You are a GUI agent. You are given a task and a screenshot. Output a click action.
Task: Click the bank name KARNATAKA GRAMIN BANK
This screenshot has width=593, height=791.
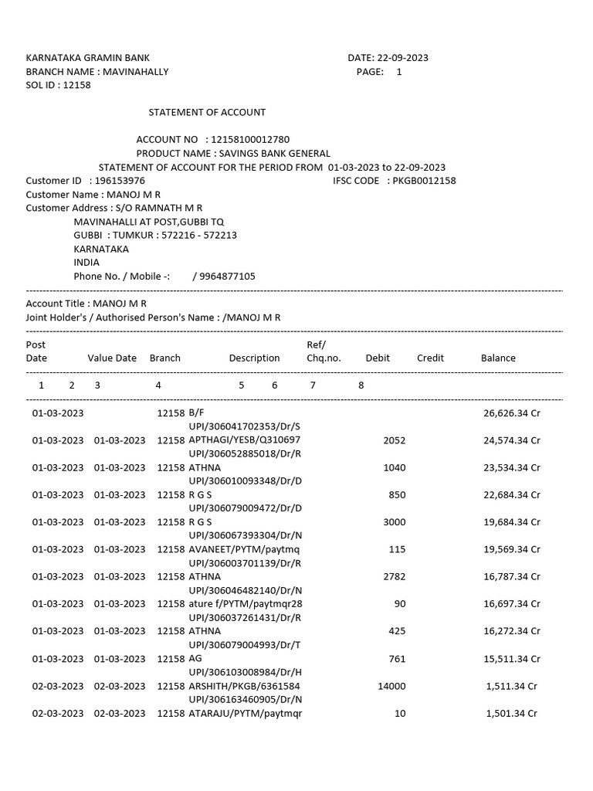click(88, 58)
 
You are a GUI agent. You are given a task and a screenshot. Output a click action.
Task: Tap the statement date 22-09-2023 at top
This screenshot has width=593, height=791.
click(402, 58)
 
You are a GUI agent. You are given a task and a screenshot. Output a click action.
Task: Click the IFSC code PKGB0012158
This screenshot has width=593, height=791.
click(424, 181)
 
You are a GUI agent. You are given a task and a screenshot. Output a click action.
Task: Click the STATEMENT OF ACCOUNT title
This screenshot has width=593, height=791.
click(207, 113)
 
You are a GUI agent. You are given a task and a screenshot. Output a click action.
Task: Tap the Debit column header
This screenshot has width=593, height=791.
click(378, 358)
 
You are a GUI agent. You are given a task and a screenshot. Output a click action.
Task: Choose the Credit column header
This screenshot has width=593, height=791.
click(430, 358)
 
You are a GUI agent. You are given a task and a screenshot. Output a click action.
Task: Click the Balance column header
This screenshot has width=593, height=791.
click(498, 358)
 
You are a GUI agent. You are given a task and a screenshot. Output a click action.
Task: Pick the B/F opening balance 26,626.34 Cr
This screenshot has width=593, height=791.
click(511, 413)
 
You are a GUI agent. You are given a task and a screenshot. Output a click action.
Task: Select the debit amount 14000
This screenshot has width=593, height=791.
click(391, 686)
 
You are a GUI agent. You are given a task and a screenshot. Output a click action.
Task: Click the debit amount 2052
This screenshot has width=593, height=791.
click(394, 440)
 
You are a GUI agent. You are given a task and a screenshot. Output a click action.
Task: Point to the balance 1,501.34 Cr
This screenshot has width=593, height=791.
click(511, 714)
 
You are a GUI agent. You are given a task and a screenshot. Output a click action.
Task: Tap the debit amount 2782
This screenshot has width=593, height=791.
click(394, 577)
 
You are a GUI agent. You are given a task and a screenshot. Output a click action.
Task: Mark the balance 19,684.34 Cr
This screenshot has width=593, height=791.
click(511, 522)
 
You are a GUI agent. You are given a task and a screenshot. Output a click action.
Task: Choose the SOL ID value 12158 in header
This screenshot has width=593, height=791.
click(76, 85)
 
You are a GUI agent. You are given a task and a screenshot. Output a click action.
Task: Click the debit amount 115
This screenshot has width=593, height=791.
click(397, 549)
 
